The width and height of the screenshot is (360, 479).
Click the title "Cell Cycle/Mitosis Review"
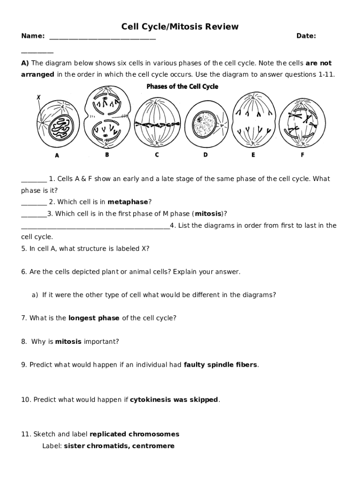(180, 27)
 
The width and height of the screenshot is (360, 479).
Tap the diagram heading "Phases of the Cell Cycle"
(182, 87)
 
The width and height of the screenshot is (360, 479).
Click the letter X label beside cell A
(38, 97)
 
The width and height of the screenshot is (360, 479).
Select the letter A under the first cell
(57, 156)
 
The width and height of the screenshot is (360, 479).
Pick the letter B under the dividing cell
(107, 155)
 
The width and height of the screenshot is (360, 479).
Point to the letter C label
(157, 155)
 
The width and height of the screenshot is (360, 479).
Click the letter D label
(205, 155)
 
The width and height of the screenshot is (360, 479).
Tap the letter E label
(253, 155)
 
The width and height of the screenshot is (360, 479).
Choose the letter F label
(302, 155)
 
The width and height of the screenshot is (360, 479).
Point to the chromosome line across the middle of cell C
(157, 124)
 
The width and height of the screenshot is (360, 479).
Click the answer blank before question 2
(34, 203)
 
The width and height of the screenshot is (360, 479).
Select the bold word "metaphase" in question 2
(128, 202)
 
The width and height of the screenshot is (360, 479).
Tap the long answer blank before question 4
(95, 226)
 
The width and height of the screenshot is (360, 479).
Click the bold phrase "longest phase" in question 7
(94, 318)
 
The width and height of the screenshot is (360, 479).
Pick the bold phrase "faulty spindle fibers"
(221, 365)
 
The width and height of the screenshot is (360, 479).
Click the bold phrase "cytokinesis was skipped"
(174, 399)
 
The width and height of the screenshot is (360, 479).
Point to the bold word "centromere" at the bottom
(153, 446)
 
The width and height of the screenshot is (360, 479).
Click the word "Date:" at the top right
(306, 36)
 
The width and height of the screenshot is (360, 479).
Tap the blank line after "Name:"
(102, 37)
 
